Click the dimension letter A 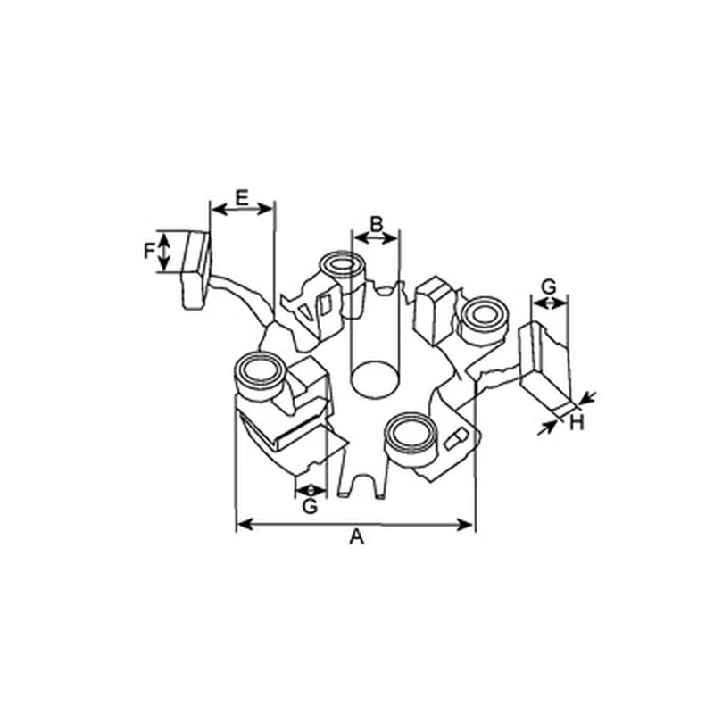click(357, 537)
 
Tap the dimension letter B click(376, 224)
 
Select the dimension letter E click(242, 198)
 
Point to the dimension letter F click(149, 251)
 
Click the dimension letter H click(577, 423)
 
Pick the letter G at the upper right click(549, 286)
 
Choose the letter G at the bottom click(310, 506)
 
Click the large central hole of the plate click(374, 380)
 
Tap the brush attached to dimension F click(196, 270)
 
